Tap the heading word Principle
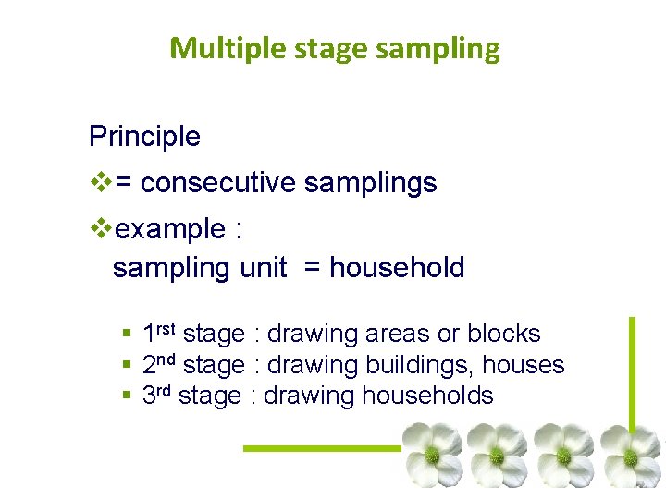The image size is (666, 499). pyautogui.click(x=144, y=137)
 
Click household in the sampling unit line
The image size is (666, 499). pyautogui.click(x=397, y=268)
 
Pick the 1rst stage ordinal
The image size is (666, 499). pyautogui.click(x=160, y=333)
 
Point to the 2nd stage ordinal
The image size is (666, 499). pyautogui.click(x=160, y=365)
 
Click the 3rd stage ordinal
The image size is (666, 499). pyautogui.click(x=158, y=396)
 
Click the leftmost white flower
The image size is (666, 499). pyautogui.click(x=432, y=454)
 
